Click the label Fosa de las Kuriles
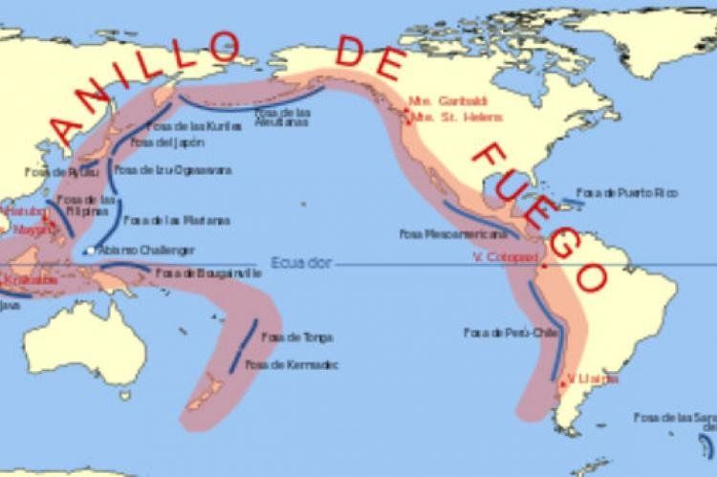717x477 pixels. pos(188,125)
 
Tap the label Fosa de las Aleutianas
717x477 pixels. pos(281,118)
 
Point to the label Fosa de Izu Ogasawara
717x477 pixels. pos(173,169)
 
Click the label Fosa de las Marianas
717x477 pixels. pos(176,219)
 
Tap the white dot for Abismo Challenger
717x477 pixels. pos(88,250)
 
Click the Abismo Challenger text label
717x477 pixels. pos(146,250)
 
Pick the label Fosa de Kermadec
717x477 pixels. pos(292,364)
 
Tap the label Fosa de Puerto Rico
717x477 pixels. pos(627,193)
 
